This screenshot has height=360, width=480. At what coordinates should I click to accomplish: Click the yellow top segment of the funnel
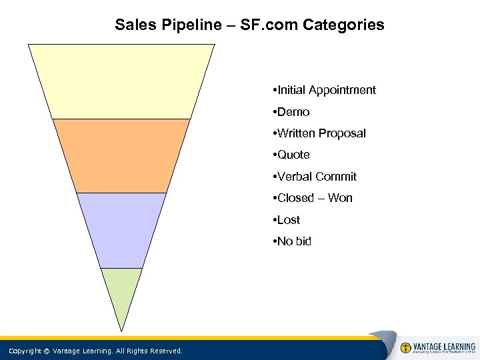click(121, 81)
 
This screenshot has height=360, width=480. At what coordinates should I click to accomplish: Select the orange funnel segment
click(121, 155)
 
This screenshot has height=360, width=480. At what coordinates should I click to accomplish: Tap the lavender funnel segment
click(121, 229)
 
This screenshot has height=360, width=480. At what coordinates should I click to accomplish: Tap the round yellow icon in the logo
click(405, 348)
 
